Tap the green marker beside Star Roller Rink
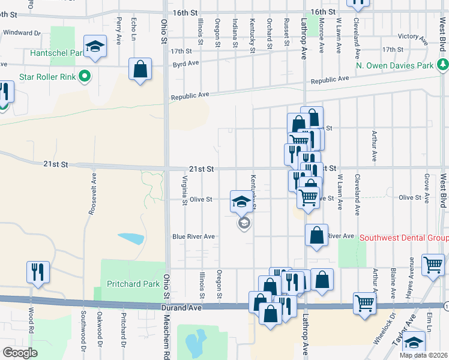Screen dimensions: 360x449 (x=85, y=76)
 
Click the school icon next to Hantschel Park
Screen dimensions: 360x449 (x=95, y=47)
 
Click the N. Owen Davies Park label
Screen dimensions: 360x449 (x=394, y=65)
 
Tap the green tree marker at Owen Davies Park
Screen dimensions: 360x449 (x=443, y=64)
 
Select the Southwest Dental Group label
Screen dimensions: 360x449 (x=404, y=238)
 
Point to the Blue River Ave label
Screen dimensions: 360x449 (x=193, y=236)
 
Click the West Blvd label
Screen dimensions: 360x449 (x=443, y=190)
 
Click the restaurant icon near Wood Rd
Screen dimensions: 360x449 (x=37, y=271)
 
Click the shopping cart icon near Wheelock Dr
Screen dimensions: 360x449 (x=364, y=303)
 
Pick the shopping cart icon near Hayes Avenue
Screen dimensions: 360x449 (x=432, y=265)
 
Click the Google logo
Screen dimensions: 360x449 (x=20, y=353)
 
